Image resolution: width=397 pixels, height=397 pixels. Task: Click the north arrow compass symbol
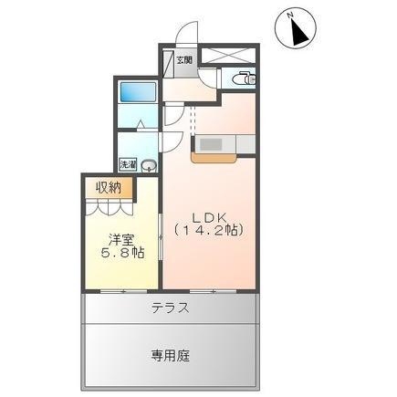[296, 28]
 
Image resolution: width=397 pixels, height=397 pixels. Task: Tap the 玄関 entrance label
[184, 60]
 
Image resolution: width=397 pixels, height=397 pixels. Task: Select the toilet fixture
[244, 78]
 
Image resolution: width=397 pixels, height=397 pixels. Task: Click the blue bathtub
[139, 92]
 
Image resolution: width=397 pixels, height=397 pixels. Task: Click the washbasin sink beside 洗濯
[149, 166]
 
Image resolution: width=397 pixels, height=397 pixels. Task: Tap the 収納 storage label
[109, 188]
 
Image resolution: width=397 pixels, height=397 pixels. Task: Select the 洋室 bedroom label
[121, 240]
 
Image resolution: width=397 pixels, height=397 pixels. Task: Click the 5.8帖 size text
[122, 254]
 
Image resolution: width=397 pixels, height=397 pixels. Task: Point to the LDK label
[209, 217]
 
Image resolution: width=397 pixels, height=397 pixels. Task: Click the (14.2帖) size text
[209, 230]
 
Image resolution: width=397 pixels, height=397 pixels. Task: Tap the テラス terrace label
[171, 308]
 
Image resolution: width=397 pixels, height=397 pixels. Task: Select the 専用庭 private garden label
[171, 355]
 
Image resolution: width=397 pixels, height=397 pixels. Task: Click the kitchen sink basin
[211, 144]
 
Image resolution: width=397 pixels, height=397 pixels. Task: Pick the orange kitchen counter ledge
[214, 158]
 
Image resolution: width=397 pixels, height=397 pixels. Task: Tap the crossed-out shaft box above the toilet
[228, 56]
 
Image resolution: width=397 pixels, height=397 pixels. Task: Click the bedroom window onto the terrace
[123, 291]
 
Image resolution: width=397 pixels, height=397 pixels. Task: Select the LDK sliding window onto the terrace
[213, 291]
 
